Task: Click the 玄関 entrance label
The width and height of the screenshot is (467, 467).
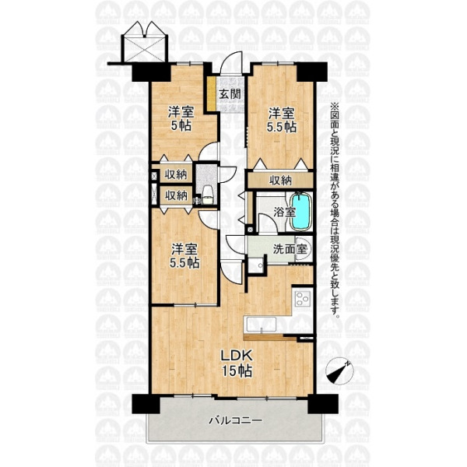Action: [230, 94]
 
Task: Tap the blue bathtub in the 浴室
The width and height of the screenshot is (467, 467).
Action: [300, 212]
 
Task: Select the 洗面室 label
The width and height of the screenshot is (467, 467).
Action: [290, 249]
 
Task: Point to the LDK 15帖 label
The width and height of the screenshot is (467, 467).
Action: [237, 363]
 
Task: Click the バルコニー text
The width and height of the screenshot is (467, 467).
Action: [235, 420]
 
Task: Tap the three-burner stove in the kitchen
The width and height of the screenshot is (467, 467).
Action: [303, 299]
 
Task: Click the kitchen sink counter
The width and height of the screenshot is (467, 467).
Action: [261, 325]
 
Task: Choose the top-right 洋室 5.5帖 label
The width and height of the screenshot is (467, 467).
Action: [282, 121]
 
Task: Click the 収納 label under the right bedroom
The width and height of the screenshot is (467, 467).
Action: [280, 181]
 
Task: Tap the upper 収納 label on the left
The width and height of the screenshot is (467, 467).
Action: [176, 174]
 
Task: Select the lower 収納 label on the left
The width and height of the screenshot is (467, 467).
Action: [176, 195]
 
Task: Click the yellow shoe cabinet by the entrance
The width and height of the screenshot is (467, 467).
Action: [212, 93]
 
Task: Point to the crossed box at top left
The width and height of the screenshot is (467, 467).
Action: [145, 48]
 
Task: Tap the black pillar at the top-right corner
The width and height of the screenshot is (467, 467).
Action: [312, 72]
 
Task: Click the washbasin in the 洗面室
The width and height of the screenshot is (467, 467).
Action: [304, 248]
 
